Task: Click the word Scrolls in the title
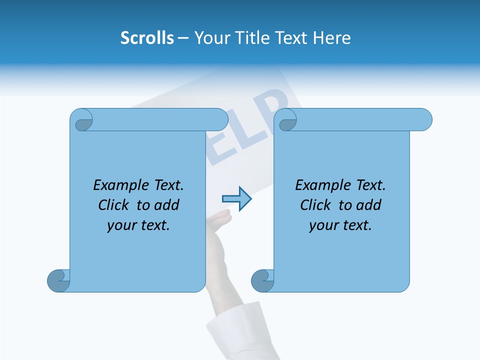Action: [147, 37]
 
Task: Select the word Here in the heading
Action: [332, 37]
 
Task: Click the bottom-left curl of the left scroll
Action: [59, 280]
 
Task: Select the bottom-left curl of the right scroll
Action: [263, 280]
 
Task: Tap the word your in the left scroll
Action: [119, 225]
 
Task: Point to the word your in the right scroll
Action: [321, 225]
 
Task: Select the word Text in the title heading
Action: [292, 37]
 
